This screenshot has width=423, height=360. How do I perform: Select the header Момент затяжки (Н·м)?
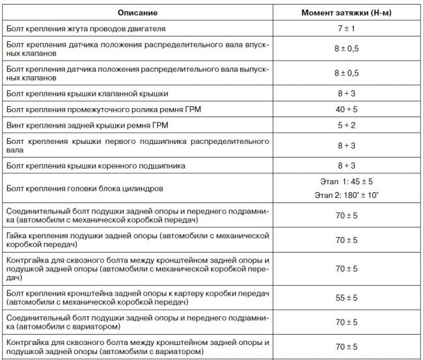tap(346, 13)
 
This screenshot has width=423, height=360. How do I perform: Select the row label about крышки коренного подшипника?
tap(94, 166)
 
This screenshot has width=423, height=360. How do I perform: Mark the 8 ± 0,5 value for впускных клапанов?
tap(346, 49)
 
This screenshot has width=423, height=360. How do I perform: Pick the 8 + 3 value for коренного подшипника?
tap(346, 166)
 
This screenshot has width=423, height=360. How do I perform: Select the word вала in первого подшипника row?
tap(14, 148)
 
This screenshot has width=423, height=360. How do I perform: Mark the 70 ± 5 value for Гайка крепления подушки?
tap(346, 240)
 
